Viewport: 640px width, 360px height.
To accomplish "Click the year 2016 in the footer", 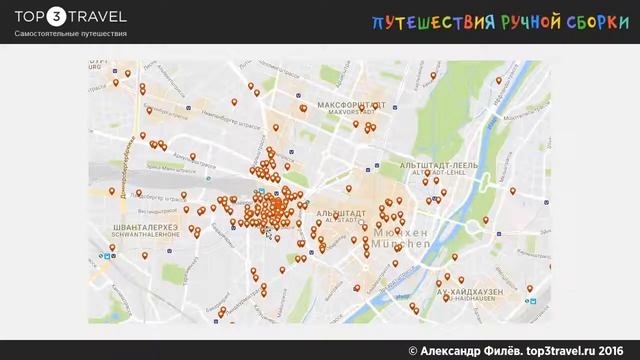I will (612, 348).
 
